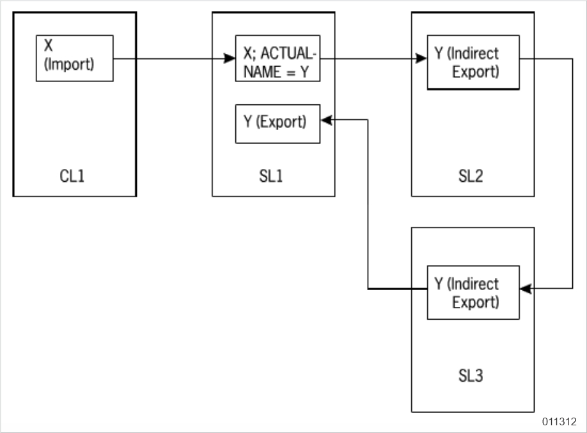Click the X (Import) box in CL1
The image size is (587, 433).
click(74, 58)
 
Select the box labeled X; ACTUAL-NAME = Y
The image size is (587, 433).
click(278, 58)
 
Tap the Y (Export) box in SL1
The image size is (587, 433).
click(278, 123)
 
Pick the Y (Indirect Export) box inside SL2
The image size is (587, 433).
click(473, 62)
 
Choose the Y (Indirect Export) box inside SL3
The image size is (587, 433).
click(473, 293)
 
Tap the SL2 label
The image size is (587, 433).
click(472, 176)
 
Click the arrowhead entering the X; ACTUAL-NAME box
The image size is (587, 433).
click(230, 59)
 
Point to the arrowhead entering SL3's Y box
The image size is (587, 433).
click(526, 289)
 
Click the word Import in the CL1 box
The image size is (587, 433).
click(70, 65)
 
